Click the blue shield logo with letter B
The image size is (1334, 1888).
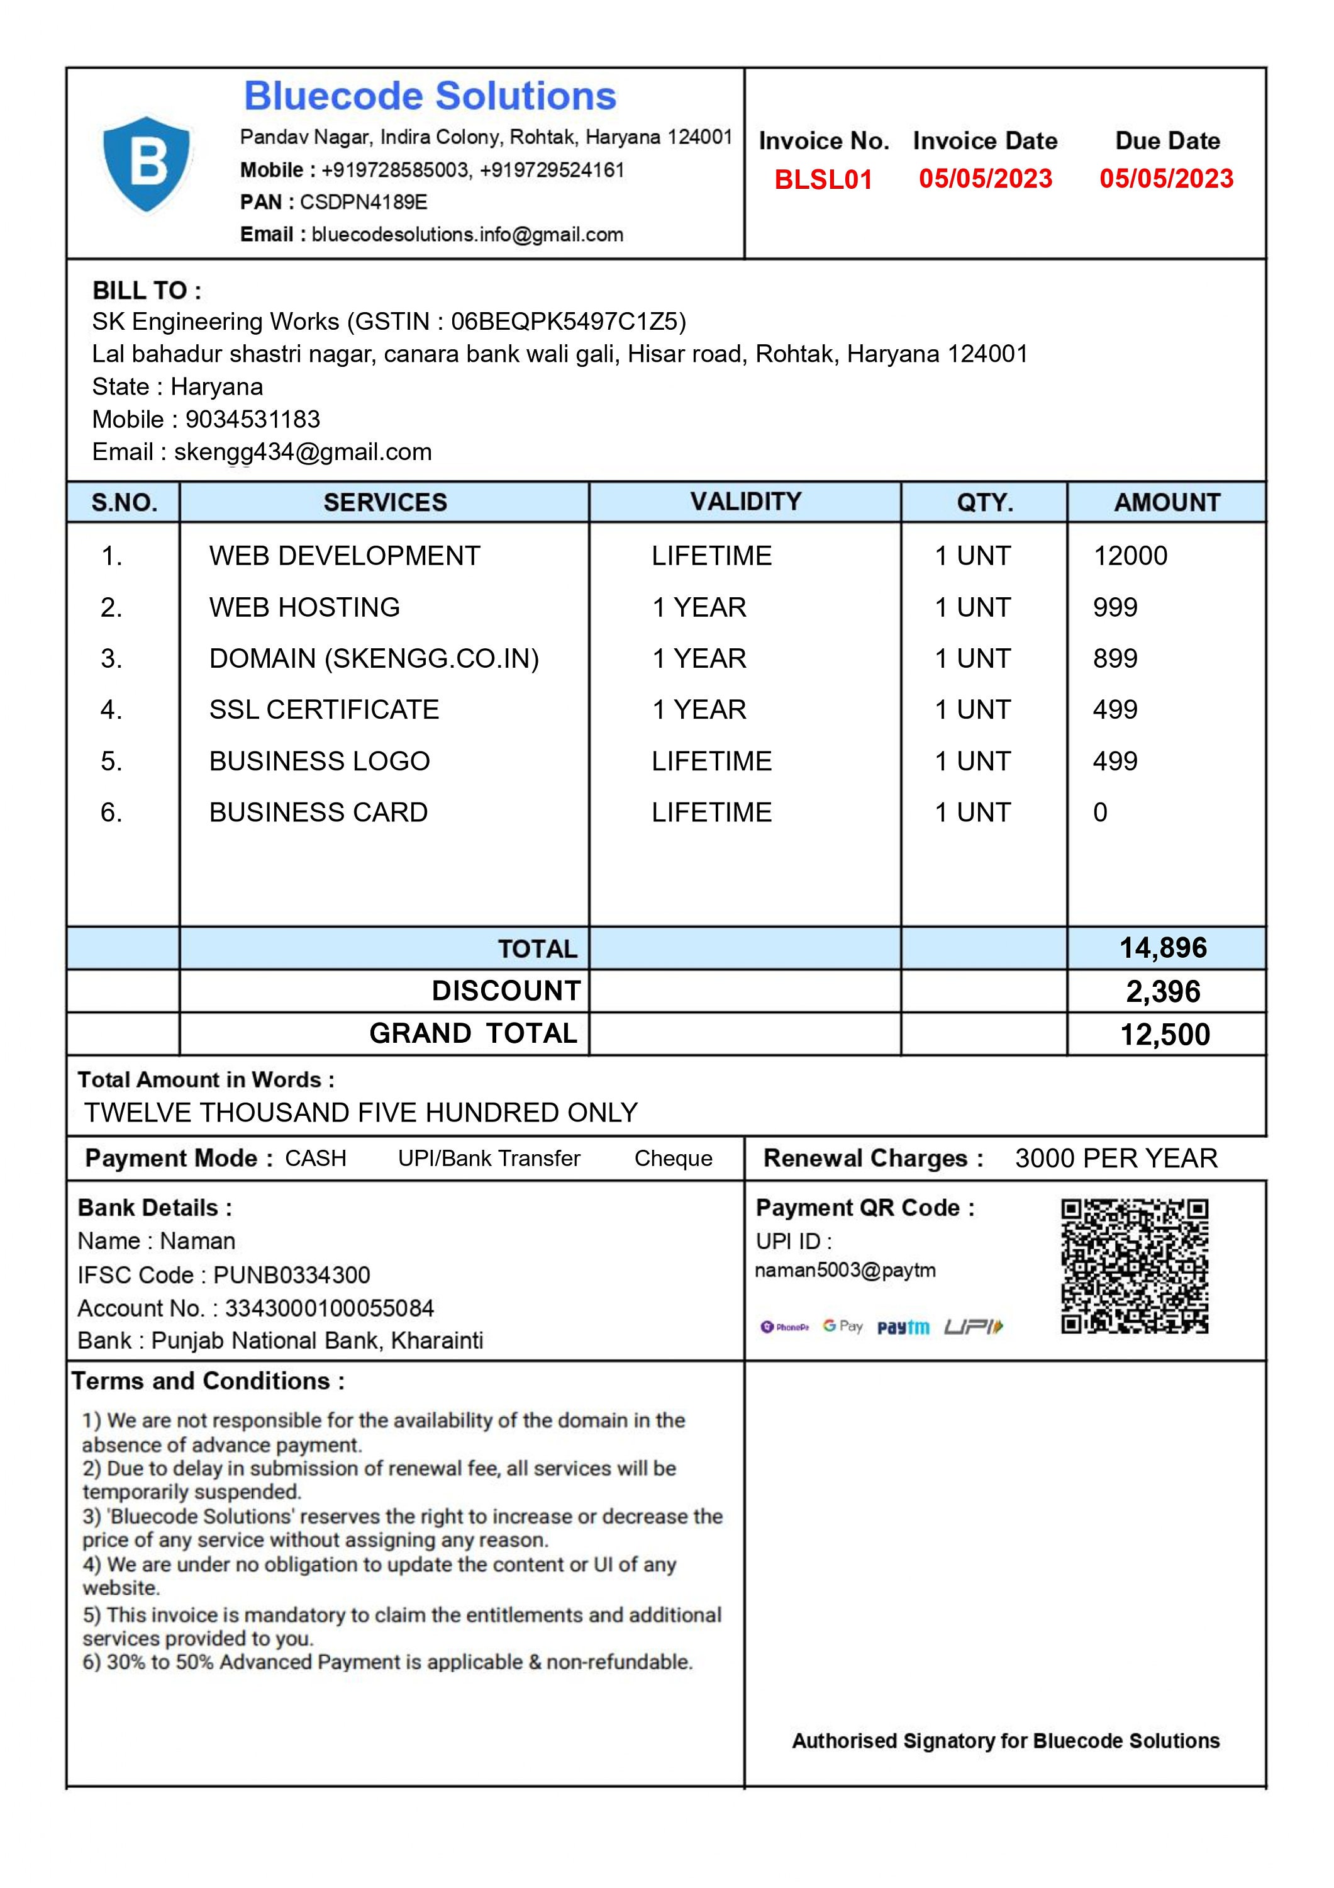tap(147, 164)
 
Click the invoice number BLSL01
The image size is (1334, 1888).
tap(823, 179)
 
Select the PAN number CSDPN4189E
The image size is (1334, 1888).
tap(364, 202)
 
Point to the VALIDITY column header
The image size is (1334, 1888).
tap(745, 502)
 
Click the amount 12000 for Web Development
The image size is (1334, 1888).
tap(1130, 556)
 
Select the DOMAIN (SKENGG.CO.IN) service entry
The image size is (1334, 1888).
tap(374, 659)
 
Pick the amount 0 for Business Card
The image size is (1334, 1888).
tap(1100, 812)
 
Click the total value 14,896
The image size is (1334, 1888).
tap(1162, 948)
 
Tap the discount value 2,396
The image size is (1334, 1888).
tap(1162, 992)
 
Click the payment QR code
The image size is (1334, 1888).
tap(1133, 1266)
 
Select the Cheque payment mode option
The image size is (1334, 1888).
tap(672, 1159)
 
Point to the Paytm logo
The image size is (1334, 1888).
tap(903, 1327)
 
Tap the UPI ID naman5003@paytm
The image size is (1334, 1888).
tap(844, 1271)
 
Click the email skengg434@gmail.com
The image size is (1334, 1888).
tap(303, 452)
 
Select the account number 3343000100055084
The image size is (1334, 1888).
tap(329, 1308)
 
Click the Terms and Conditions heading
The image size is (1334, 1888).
tap(208, 1381)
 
